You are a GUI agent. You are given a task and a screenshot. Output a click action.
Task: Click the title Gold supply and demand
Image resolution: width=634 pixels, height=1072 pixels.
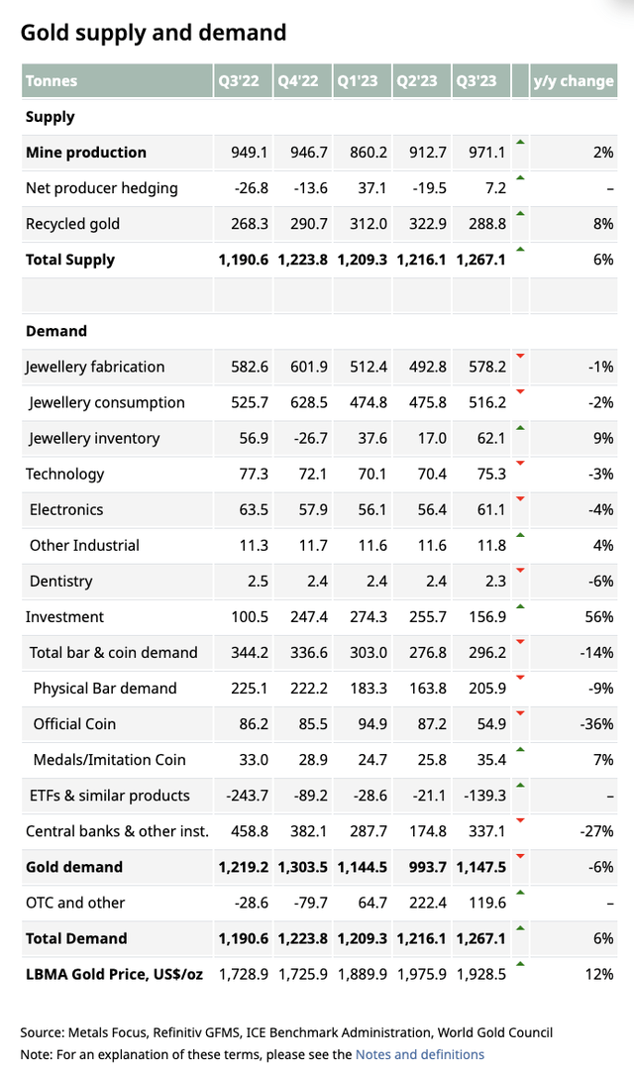(154, 33)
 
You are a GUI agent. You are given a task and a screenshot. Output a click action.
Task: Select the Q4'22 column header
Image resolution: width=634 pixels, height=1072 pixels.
(298, 81)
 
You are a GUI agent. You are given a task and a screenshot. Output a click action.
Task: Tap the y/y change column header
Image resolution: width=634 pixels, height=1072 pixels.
(573, 81)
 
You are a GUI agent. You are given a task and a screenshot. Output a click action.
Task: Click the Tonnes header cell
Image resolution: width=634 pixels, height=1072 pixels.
(52, 81)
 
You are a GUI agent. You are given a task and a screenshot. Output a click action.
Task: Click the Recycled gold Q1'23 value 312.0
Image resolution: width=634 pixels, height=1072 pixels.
(367, 224)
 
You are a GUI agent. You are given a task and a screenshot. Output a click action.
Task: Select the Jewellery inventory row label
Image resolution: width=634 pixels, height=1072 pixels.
(94, 438)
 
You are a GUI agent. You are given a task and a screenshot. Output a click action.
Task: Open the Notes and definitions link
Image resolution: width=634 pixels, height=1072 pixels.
(419, 1054)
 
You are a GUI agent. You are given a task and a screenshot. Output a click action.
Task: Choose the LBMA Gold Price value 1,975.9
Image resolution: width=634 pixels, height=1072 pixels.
(423, 974)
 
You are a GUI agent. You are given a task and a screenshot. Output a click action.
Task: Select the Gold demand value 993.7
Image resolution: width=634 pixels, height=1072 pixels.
(427, 867)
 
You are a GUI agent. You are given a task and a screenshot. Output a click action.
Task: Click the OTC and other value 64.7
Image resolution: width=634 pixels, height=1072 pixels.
(370, 903)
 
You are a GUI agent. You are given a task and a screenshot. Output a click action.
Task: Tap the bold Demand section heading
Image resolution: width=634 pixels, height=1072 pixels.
(56, 331)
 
